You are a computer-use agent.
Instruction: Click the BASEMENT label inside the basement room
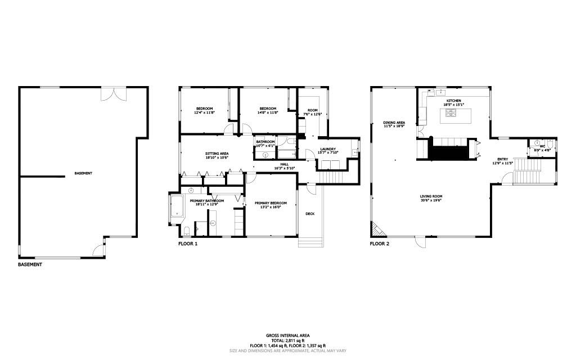click(x=83, y=173)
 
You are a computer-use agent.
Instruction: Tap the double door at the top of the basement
click(x=111, y=93)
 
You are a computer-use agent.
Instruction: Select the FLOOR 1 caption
click(x=188, y=244)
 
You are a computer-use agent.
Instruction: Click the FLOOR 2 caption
click(x=379, y=244)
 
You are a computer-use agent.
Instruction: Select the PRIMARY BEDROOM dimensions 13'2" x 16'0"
click(x=271, y=207)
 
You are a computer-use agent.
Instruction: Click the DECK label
click(x=310, y=214)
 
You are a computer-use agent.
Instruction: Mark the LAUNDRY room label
click(x=328, y=149)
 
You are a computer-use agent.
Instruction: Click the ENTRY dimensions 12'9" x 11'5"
click(x=502, y=163)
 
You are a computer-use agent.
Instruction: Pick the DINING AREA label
click(x=394, y=122)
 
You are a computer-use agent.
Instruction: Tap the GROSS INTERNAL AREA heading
click(x=287, y=335)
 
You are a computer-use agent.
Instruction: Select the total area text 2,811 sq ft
click(x=287, y=341)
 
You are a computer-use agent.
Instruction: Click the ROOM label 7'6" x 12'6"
click(x=312, y=110)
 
